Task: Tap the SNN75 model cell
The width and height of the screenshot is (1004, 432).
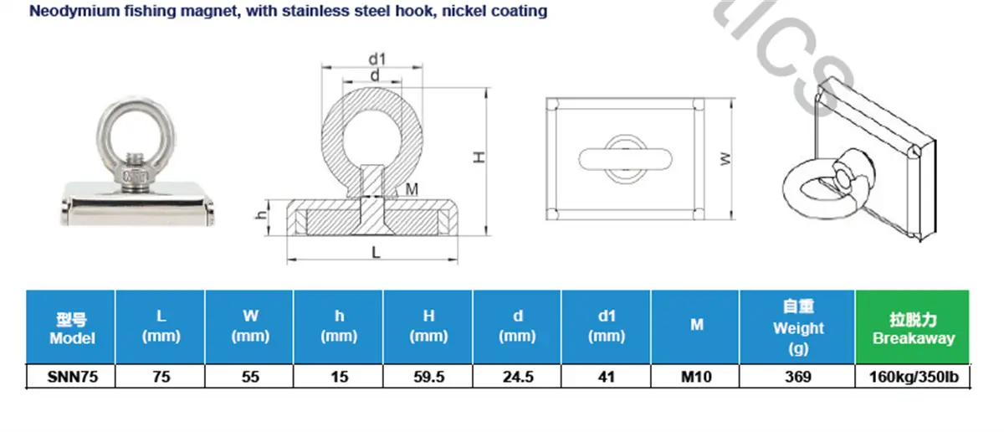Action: (x=72, y=377)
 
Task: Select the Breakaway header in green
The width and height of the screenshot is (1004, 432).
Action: (x=913, y=327)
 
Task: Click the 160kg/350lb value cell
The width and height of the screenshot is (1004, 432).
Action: (x=914, y=377)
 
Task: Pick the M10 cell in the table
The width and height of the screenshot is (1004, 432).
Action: (x=696, y=377)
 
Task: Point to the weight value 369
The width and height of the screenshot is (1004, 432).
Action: (x=798, y=377)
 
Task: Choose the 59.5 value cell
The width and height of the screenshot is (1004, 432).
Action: (x=429, y=377)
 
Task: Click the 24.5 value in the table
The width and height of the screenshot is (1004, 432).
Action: (x=518, y=377)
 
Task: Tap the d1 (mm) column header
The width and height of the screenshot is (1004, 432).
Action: (x=607, y=327)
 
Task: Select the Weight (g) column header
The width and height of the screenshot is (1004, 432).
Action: (x=798, y=327)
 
